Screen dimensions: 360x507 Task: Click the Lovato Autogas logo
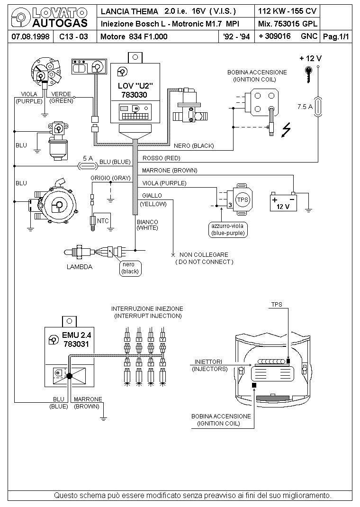pos(49,18)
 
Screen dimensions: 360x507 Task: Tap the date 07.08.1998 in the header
pos(30,36)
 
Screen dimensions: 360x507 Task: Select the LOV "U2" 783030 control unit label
pos(135,90)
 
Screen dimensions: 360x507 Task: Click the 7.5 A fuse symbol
pos(318,107)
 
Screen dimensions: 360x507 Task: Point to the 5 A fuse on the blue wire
pos(88,166)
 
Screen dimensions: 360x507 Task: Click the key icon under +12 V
pos(308,74)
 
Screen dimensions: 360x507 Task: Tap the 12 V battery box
pos(283,202)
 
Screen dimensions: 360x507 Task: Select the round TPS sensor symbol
pos(243,199)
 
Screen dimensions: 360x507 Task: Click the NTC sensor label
pos(103,221)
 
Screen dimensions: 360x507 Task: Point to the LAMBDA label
pos(80,267)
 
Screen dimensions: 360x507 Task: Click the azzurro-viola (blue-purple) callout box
pos(228,230)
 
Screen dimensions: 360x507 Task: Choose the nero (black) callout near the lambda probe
pos(130,268)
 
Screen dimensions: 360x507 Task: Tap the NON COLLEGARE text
pos(204,255)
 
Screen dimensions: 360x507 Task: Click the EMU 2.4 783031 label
pos(76,340)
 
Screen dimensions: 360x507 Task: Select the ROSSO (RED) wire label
pos(161,158)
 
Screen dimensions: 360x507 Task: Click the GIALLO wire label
pos(152,195)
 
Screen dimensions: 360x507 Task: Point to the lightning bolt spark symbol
pos(286,130)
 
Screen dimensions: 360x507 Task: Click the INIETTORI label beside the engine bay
pos(208,362)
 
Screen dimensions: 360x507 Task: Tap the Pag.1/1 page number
pos(336,36)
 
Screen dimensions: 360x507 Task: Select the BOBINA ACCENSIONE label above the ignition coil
pos(257,72)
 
